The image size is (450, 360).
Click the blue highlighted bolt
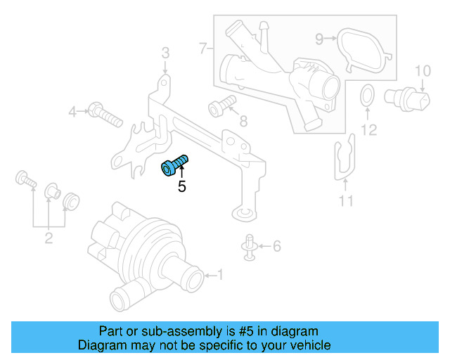click(174, 167)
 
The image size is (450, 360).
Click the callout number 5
click(181, 187)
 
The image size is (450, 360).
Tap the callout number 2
click(49, 238)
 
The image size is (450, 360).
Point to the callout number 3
click(165, 53)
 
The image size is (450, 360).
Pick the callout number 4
click(72, 111)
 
